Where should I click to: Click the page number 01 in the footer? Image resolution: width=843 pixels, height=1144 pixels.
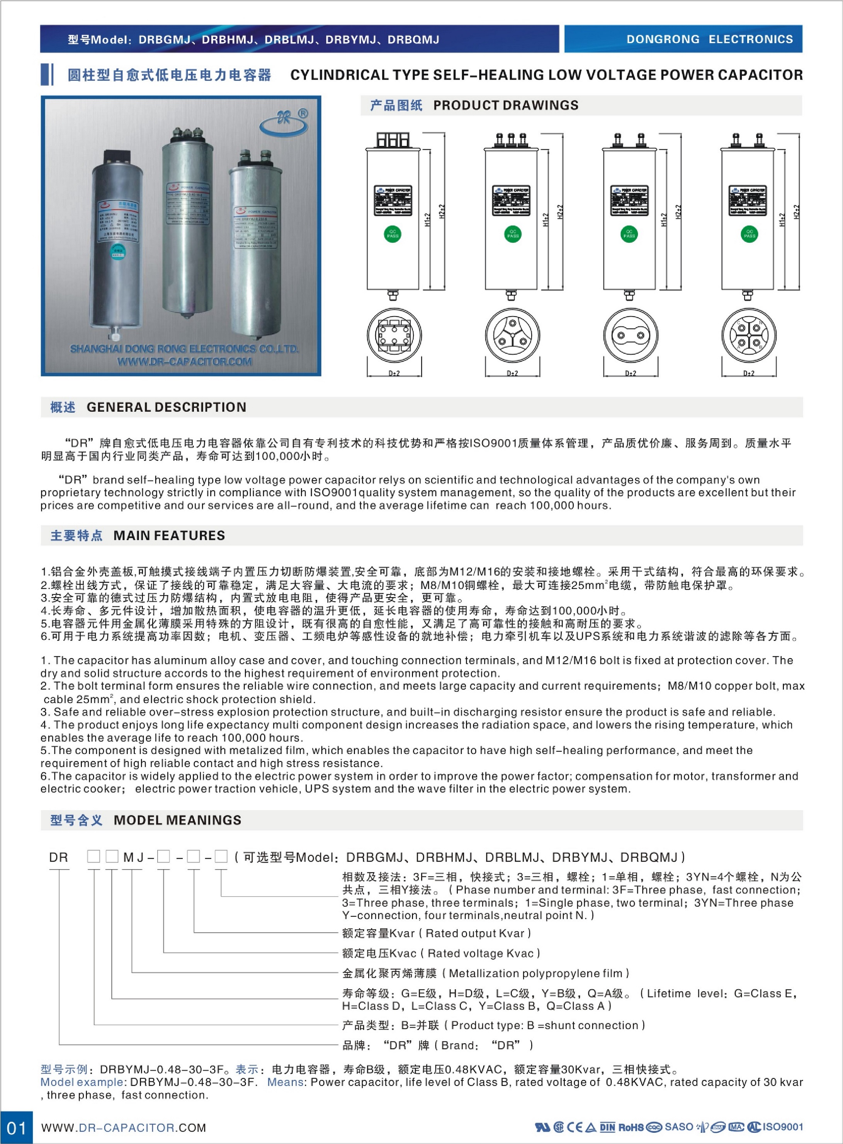pos(16,1127)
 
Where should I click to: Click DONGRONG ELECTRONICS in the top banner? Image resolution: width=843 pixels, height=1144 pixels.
pos(709,39)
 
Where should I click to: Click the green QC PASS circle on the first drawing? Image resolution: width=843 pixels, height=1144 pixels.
pos(393,234)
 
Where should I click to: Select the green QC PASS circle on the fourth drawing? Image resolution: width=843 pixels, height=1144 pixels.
pos(749,234)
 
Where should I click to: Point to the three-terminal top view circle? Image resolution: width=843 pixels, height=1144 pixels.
pos(512,335)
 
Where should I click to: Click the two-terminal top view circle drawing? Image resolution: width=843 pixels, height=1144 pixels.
pos(630,335)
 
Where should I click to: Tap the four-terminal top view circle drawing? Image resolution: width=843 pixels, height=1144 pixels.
pos(749,335)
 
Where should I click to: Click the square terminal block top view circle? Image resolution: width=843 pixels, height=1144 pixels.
pos(394,335)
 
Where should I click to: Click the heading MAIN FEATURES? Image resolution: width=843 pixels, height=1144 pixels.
pos(169,536)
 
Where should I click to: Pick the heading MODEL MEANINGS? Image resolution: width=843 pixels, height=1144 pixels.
pos(177,820)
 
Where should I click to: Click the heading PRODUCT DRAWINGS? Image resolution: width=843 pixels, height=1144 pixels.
pos(505,105)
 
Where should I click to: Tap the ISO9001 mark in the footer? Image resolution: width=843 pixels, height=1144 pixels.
pos(783,1127)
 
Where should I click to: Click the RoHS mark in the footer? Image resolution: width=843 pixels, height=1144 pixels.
pos(631,1127)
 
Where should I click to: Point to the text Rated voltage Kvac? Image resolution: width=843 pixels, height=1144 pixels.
pos(480,953)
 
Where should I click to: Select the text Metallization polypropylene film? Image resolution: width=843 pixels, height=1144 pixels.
pos(535,973)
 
